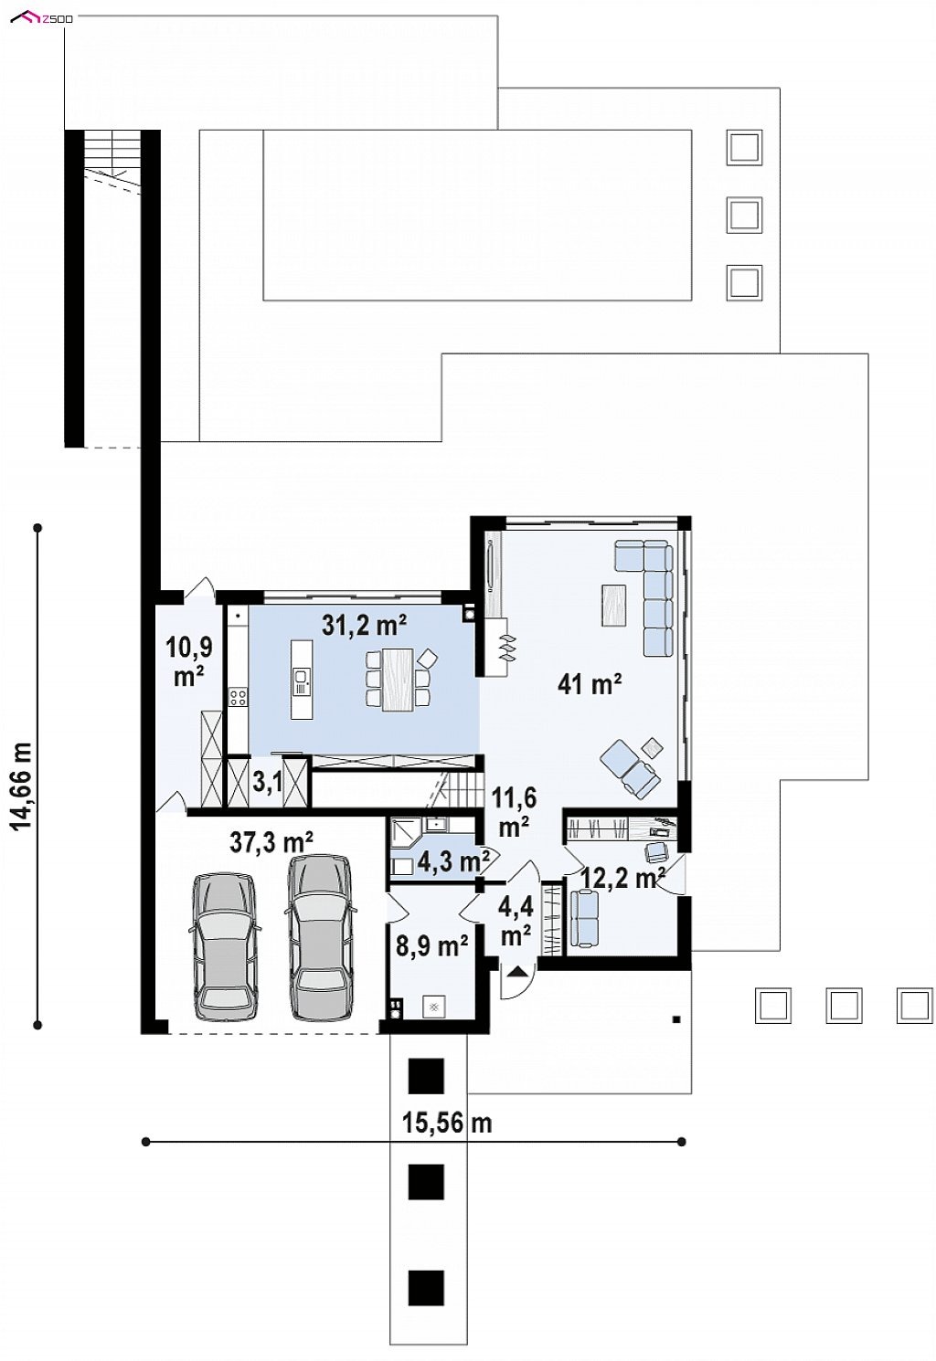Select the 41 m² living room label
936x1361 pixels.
(x=589, y=685)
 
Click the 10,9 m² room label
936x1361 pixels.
(x=188, y=661)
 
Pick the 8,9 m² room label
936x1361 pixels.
(x=431, y=947)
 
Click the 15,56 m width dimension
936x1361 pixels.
(x=447, y=1123)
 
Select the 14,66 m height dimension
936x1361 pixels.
(x=22, y=775)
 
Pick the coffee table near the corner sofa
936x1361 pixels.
(x=613, y=605)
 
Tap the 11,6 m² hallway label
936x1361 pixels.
(x=514, y=812)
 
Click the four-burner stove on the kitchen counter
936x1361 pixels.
(x=238, y=697)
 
